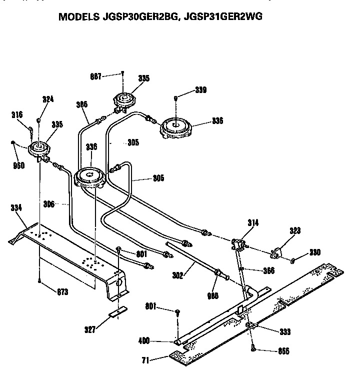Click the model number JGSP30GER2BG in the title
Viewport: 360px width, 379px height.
pyautogui.click(x=145, y=16)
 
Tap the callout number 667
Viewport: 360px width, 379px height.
pyautogui.click(x=95, y=76)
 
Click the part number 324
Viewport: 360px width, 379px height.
pyautogui.click(x=48, y=99)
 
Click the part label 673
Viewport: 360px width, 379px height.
pyautogui.click(x=61, y=291)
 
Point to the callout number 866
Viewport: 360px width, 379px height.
pyautogui.click(x=283, y=351)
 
